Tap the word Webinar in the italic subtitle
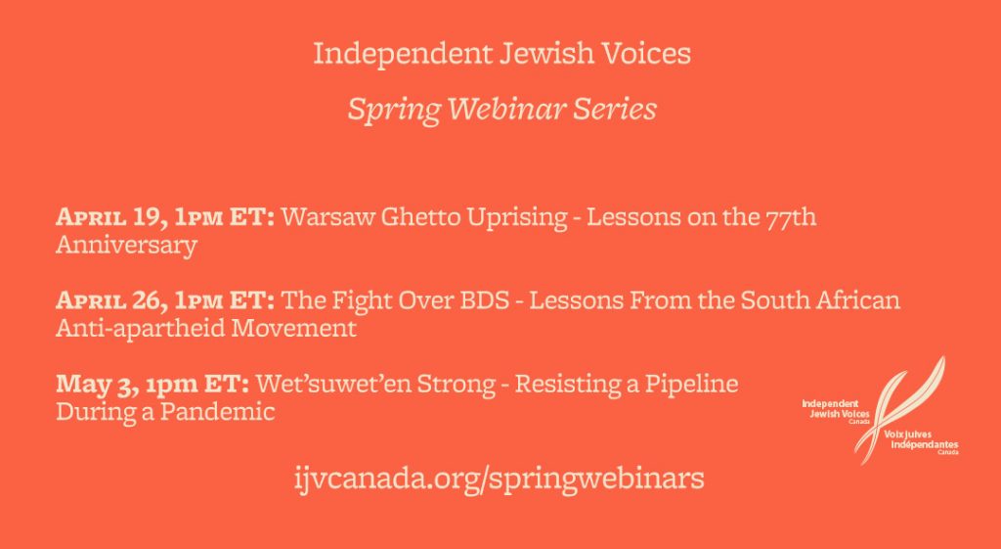click(x=506, y=110)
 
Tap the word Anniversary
click(x=126, y=246)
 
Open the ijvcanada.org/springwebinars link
click(x=500, y=479)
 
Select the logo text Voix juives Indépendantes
click(x=921, y=440)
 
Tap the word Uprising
click(x=517, y=218)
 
